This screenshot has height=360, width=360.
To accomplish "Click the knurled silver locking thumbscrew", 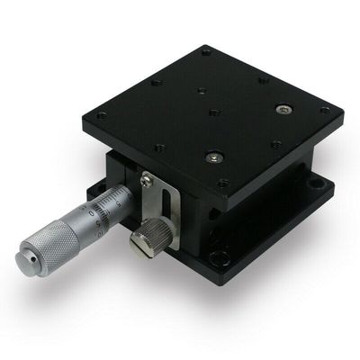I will pos(144,238).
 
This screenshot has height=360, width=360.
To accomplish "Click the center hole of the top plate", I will pos(213,112).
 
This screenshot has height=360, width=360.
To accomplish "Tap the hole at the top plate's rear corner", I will pos(206,51).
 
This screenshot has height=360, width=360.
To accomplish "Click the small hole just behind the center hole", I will pos(198,92).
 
